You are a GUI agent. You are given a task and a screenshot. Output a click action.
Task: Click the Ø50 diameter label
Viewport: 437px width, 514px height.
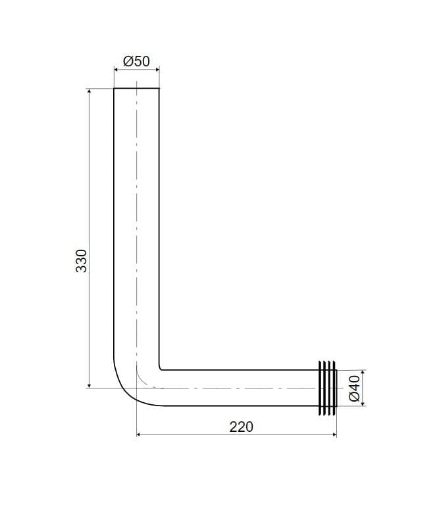click(x=136, y=61)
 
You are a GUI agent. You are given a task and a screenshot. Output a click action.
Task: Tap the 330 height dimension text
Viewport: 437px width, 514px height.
click(x=82, y=261)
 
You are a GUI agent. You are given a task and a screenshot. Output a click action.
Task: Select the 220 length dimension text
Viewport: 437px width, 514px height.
click(x=242, y=427)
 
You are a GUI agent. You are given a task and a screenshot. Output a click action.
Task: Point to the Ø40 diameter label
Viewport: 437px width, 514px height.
click(x=355, y=388)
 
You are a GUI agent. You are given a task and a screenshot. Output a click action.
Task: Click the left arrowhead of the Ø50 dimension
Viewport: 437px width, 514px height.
click(x=116, y=69)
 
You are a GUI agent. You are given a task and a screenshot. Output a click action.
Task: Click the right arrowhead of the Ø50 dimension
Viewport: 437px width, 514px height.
click(x=157, y=69)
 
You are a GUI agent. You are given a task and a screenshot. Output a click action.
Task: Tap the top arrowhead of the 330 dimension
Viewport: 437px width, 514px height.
click(x=90, y=91)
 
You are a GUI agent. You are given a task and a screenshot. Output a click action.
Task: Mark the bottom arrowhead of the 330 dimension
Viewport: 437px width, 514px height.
click(x=90, y=385)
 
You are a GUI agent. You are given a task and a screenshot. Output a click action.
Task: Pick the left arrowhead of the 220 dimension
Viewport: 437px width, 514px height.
click(x=139, y=434)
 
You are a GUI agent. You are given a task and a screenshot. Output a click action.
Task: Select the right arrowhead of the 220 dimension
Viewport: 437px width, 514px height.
click(x=334, y=434)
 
